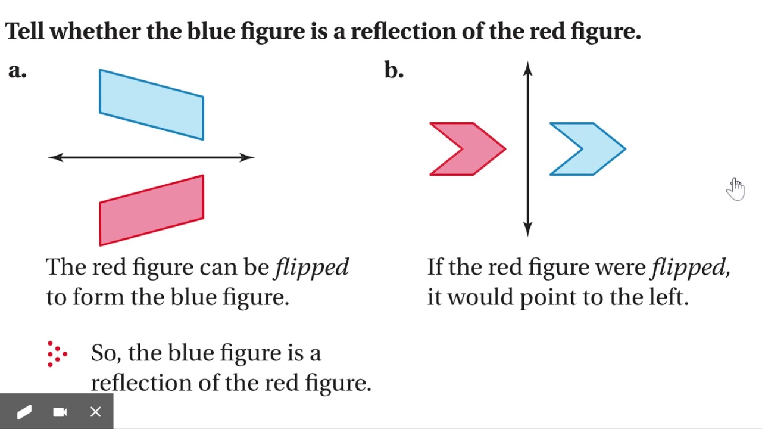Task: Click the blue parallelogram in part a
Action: tap(151, 104)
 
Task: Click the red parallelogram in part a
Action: tap(151, 210)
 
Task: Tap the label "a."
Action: tap(17, 71)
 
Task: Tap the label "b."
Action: tap(394, 70)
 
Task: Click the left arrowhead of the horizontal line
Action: tap(55, 157)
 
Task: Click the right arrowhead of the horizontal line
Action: tap(247, 157)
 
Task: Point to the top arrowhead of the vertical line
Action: tap(527, 69)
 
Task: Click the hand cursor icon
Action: tap(735, 189)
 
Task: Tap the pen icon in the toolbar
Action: tap(24, 412)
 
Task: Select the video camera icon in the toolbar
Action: tap(60, 412)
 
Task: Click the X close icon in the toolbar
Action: tap(96, 412)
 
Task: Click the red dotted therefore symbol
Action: tap(57, 354)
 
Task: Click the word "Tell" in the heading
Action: tap(24, 32)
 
